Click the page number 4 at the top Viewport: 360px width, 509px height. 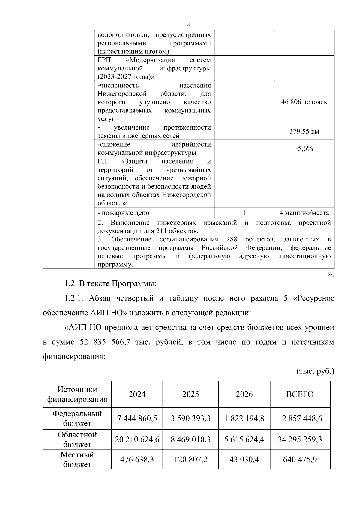point(188,25)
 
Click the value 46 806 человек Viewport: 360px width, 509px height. point(304,102)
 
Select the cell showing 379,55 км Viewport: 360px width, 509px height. point(304,132)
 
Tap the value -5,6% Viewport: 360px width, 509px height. point(304,148)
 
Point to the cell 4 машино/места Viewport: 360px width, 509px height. point(304,213)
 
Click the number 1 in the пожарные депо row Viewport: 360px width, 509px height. point(244,213)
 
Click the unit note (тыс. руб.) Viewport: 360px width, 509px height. point(315,372)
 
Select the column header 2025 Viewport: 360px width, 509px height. point(190,394)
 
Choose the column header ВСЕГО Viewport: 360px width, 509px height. point(300,394)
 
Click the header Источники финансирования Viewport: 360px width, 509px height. point(77,394)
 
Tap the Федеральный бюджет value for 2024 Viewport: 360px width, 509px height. point(137,418)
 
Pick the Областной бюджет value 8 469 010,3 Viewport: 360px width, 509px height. point(190,439)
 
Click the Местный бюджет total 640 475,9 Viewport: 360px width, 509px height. point(300,460)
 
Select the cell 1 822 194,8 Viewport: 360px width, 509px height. point(244,418)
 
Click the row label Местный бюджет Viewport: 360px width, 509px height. point(77,460)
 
